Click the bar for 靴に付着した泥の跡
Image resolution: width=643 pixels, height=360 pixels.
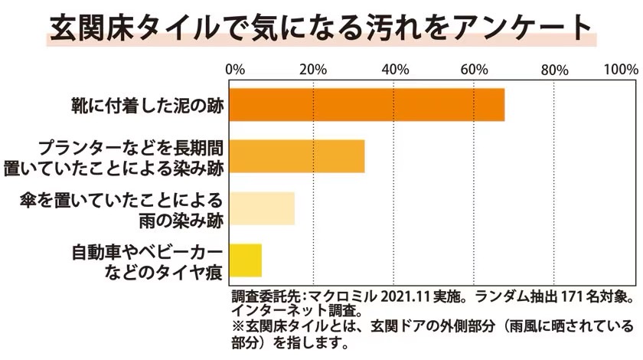coord(367,105)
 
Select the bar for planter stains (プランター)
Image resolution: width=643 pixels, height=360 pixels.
coord(297,156)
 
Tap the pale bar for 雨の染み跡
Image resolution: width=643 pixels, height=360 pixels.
coord(262,208)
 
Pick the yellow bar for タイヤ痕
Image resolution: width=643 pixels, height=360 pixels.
coord(246,260)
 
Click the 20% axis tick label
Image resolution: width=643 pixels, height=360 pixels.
coord(313,70)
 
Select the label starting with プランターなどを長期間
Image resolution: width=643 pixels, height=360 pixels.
coord(131,148)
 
